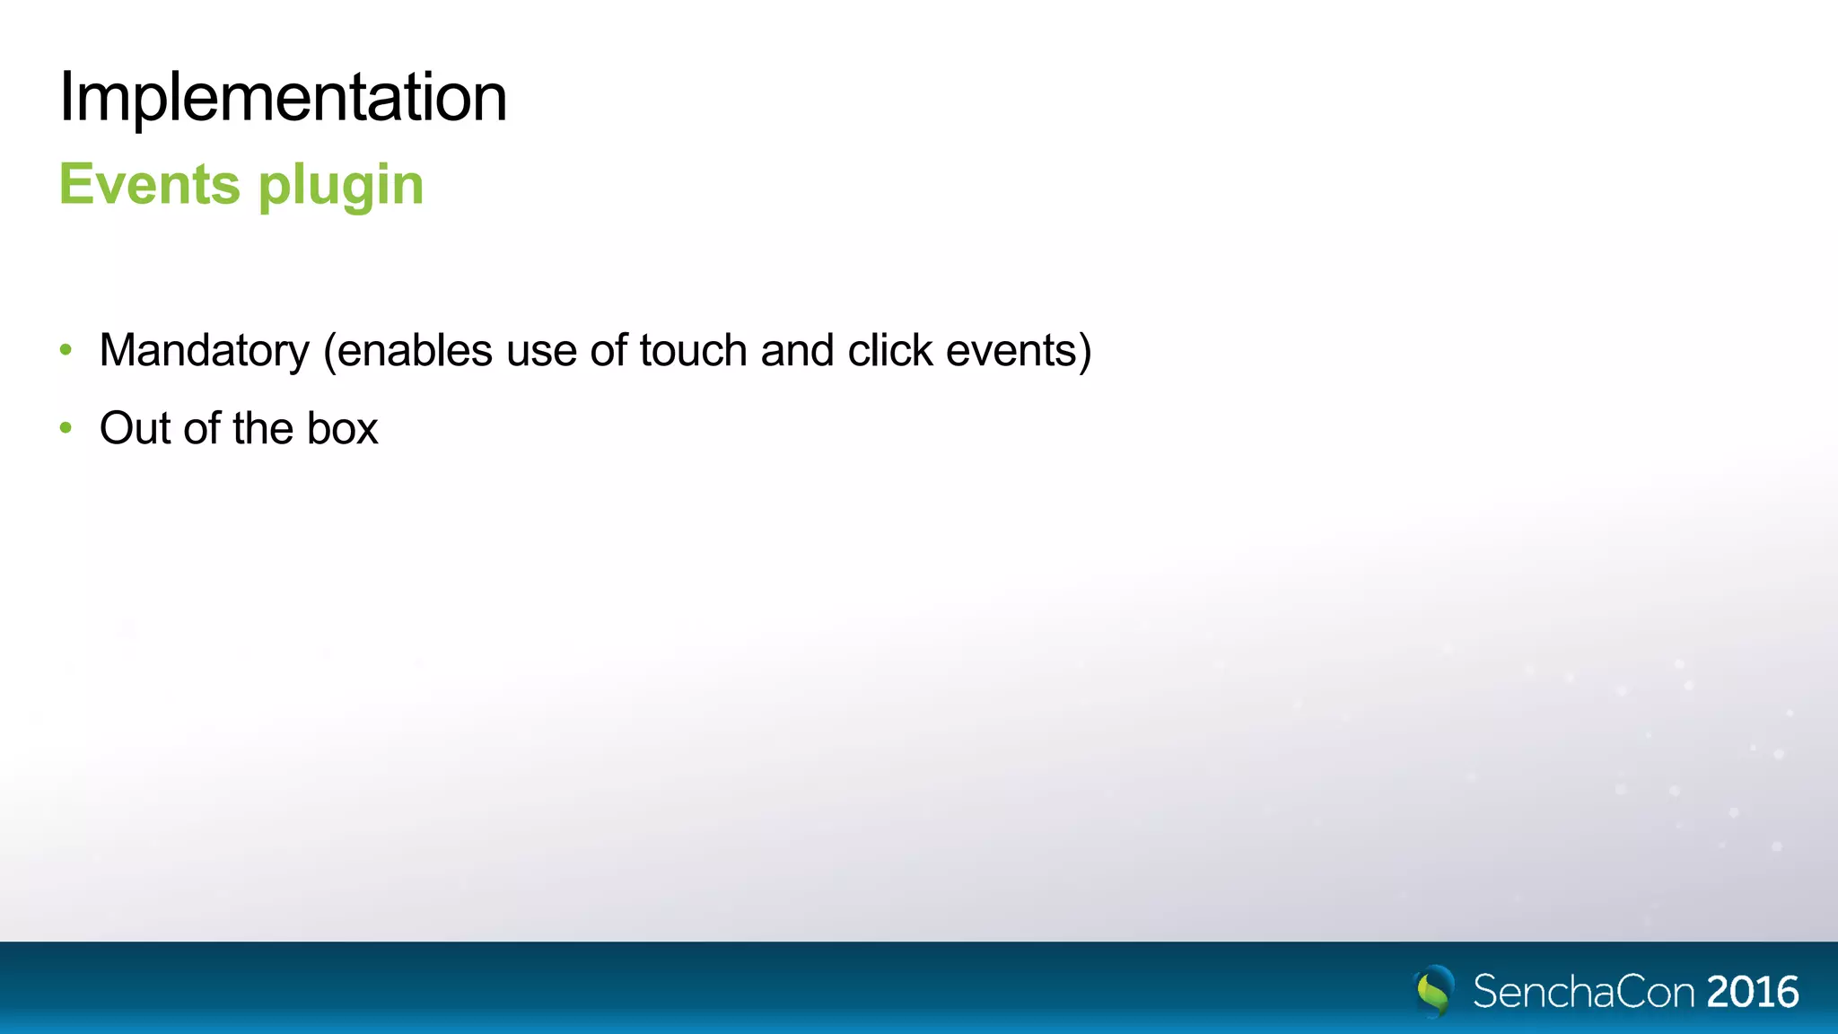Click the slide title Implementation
283,97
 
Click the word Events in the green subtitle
149,184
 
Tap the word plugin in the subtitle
341,186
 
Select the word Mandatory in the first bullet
204,351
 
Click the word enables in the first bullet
415,351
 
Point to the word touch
693,351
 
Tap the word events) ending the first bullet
1019,351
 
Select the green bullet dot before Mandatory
66,350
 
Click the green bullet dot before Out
66,428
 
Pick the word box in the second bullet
342,428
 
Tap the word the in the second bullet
263,428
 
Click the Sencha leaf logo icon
1434,991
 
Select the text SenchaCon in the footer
1584,992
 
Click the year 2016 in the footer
1753,992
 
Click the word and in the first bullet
797,351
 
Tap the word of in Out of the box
202,428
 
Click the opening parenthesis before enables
328,351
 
